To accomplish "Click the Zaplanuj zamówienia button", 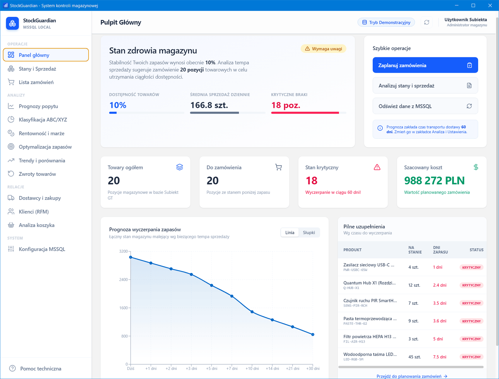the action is [425, 65].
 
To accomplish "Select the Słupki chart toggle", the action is [309, 232].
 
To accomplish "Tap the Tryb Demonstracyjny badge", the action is [386, 22].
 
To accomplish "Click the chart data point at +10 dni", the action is [252, 312].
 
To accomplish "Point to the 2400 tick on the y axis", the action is [124, 279].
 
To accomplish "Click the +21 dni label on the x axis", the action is [292, 368].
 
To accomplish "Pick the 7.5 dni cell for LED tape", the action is [439, 357].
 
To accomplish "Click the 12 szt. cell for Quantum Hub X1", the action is [414, 285].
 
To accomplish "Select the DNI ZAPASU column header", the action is [440, 250].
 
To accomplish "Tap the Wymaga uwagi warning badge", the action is [323, 49].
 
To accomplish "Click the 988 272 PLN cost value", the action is [434, 181].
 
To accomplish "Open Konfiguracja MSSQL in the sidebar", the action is [42, 249].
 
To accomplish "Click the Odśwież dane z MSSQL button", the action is [425, 106].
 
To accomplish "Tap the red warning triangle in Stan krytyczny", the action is [377, 167].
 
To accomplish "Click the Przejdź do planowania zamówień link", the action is [412, 376].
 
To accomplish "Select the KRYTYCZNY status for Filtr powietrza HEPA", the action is [471, 339].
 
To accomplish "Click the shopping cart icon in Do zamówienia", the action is [278, 167].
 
